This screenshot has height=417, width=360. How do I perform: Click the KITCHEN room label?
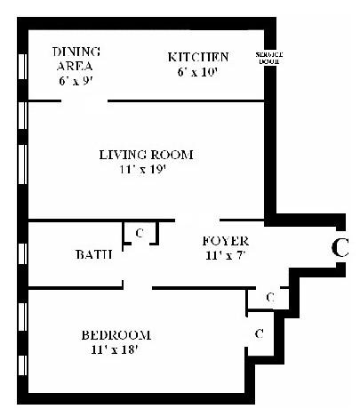tap(198, 57)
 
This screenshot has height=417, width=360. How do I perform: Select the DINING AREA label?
tap(76, 59)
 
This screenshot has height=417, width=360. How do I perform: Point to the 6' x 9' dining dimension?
tap(76, 81)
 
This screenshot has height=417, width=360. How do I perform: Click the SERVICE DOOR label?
tap(269, 58)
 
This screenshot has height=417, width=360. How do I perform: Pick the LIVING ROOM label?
tap(146, 155)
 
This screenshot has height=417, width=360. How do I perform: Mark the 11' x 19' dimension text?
tap(142, 170)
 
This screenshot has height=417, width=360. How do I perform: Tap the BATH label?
tap(94, 254)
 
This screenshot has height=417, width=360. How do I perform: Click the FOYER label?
tap(226, 241)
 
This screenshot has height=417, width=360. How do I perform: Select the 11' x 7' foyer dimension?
tap(226, 255)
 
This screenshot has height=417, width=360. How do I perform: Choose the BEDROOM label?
tap(116, 335)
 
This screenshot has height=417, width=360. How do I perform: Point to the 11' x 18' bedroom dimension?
tap(115, 349)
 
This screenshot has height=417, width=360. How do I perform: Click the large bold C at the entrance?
tap(340, 248)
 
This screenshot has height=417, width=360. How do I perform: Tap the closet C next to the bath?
tap(140, 233)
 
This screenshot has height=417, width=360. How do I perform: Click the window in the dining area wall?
tap(23, 67)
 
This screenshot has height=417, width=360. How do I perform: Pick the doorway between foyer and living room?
tap(197, 221)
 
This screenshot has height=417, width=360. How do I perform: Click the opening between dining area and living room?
tap(84, 101)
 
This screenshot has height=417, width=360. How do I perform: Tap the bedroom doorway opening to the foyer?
tap(138, 287)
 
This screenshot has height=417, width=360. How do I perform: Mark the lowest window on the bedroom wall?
tap(23, 365)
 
